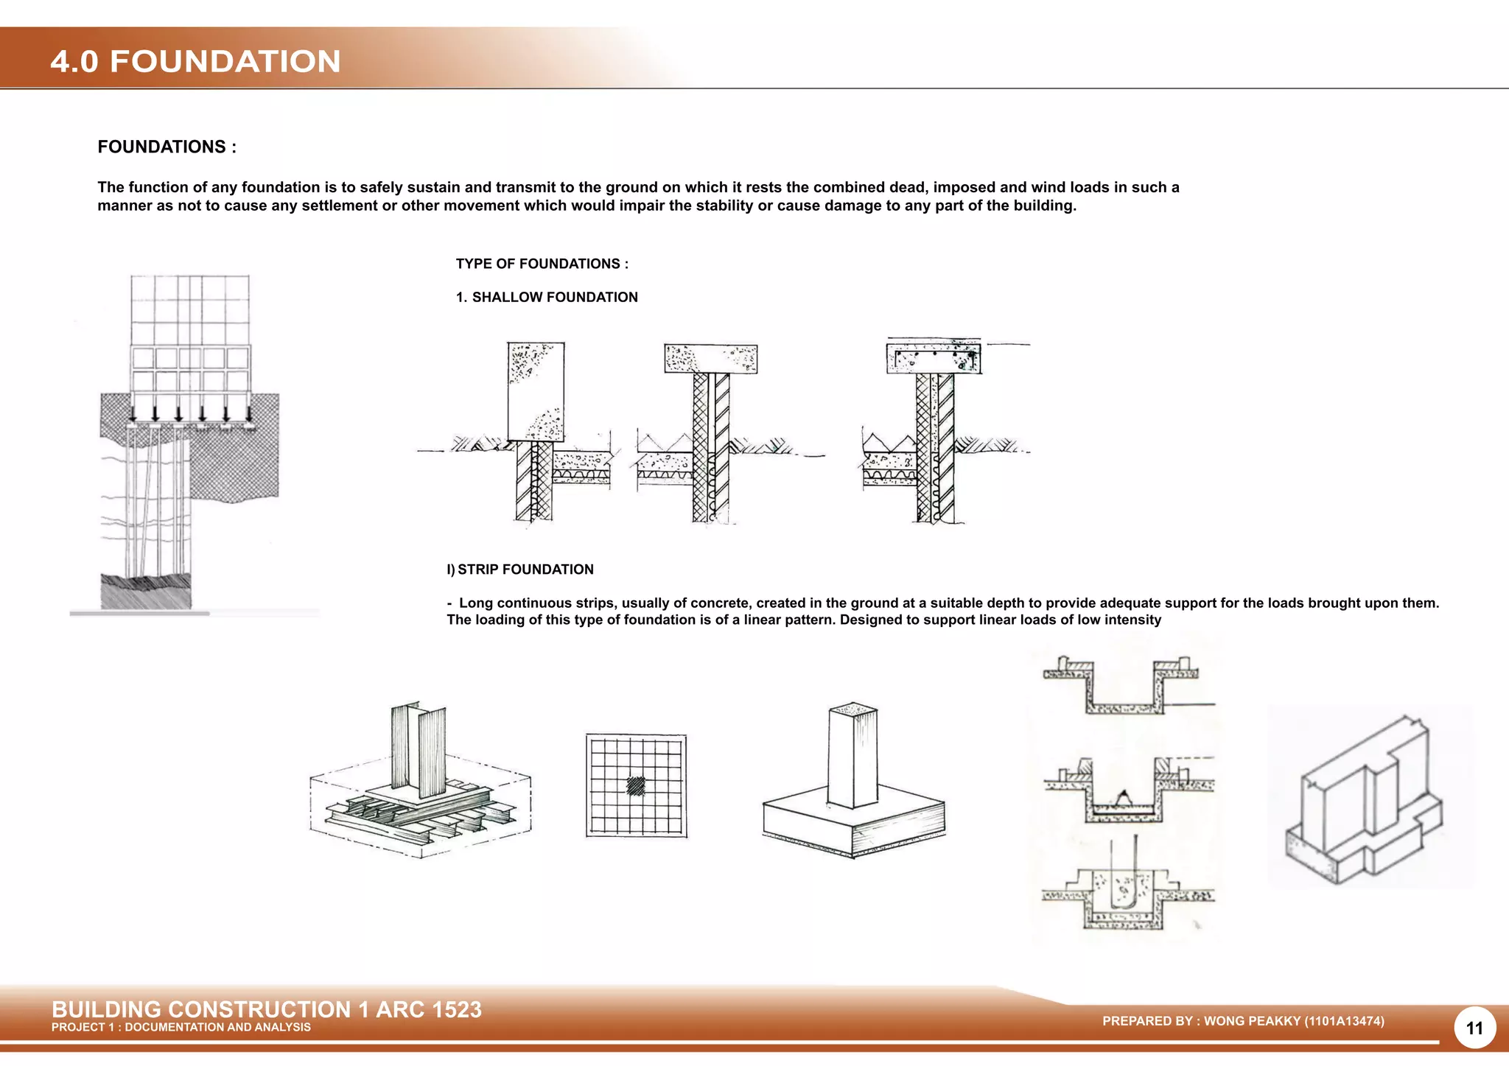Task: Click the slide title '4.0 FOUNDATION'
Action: tap(195, 61)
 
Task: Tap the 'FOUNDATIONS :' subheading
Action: tap(167, 147)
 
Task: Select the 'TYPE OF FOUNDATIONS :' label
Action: tap(542, 264)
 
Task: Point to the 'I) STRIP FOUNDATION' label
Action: tap(520, 569)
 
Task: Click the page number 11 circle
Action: tap(1474, 1028)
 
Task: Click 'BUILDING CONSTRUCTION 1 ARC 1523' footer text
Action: tap(266, 1009)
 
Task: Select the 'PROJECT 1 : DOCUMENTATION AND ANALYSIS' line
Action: tap(181, 1027)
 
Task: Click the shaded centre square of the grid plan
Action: tap(636, 786)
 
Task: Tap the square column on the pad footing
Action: tap(852, 755)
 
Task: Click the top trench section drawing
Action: tap(1124, 685)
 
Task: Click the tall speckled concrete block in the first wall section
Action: tap(536, 390)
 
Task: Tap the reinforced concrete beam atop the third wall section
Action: tap(934, 359)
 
